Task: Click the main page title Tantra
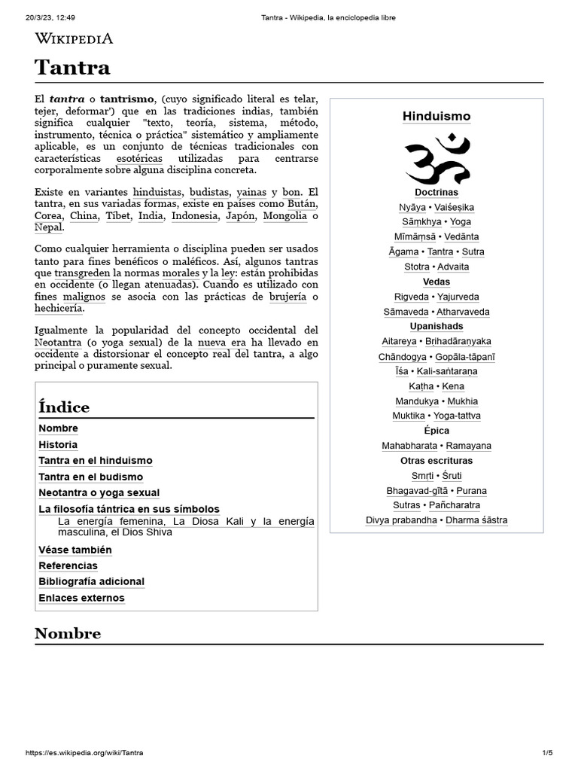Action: pyautogui.click(x=72, y=68)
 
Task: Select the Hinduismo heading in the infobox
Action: pyautogui.click(x=437, y=117)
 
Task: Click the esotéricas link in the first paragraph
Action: pyautogui.click(x=139, y=159)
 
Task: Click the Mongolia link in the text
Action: pyautogui.click(x=285, y=216)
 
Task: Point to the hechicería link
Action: pyautogui.click(x=59, y=309)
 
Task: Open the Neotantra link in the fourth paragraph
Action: pyautogui.click(x=58, y=342)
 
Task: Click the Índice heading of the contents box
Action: pyautogui.click(x=64, y=407)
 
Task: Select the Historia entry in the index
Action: pyautogui.click(x=58, y=445)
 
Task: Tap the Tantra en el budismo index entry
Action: pyautogui.click(x=90, y=477)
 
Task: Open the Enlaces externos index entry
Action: pyautogui.click(x=81, y=598)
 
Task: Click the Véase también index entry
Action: pyautogui.click(x=75, y=550)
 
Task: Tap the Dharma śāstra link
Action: pyautogui.click(x=476, y=520)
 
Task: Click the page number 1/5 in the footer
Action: pyautogui.click(x=547, y=753)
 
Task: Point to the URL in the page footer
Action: pyautogui.click(x=84, y=753)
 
